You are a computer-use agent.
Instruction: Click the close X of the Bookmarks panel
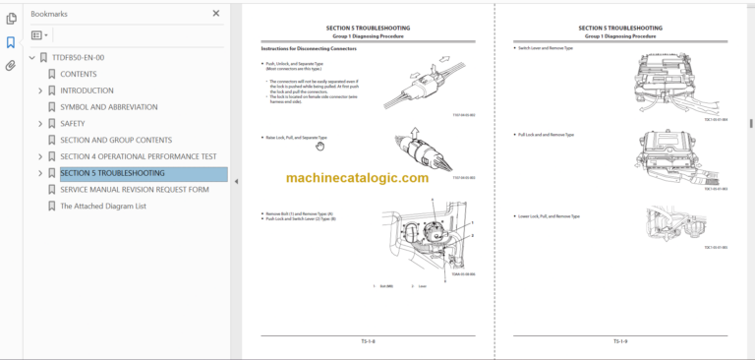(216, 14)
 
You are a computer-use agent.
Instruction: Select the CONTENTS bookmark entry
(79, 74)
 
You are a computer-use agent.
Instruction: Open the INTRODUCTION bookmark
(87, 90)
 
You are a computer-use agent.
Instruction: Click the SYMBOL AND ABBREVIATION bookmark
(108, 107)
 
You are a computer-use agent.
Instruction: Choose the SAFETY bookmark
(73, 124)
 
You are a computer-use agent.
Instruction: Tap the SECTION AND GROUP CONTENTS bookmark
(114, 141)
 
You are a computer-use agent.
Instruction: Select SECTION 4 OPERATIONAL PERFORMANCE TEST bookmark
(138, 156)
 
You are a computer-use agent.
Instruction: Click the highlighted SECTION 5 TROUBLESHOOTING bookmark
(112, 173)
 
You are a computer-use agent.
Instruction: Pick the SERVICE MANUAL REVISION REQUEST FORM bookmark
(135, 190)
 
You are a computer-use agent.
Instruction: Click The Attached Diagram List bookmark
(102, 207)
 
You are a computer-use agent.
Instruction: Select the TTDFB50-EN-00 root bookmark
(78, 57)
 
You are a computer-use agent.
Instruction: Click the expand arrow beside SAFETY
(40, 124)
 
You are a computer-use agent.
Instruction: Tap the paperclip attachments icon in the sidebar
(11, 66)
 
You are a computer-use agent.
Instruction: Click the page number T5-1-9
(620, 341)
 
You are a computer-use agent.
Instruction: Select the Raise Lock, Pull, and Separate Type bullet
(296, 138)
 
